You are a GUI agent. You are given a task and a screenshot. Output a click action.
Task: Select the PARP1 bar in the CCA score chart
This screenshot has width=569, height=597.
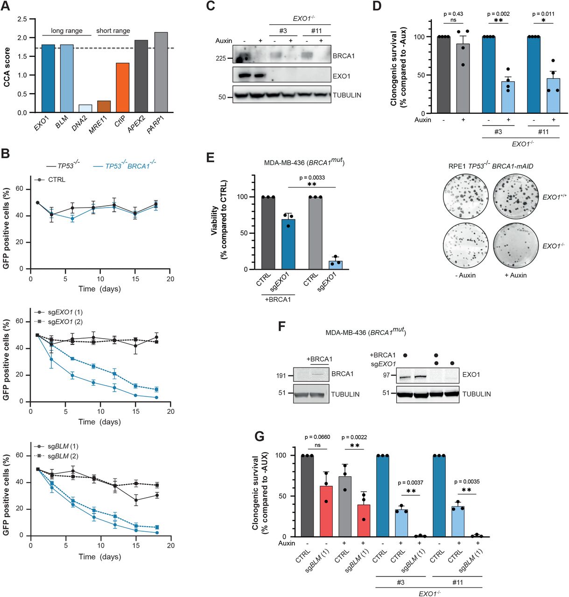(x=161, y=72)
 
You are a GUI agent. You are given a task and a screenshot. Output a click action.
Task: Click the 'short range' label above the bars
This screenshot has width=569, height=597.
(x=113, y=31)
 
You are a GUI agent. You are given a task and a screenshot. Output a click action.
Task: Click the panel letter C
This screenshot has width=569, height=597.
(x=211, y=6)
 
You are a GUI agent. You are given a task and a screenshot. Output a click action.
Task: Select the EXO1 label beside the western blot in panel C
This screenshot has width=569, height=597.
(x=341, y=76)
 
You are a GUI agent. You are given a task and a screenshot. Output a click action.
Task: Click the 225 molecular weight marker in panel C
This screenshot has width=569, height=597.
(x=221, y=58)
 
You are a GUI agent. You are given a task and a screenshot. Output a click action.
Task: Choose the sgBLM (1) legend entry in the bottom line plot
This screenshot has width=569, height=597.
(x=63, y=446)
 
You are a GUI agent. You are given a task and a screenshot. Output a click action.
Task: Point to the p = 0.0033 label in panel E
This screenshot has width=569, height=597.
(x=312, y=178)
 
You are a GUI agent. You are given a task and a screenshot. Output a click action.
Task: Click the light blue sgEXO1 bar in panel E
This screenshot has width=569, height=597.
(x=335, y=265)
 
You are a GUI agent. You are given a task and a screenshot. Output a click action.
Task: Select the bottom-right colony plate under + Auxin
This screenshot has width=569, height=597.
(x=516, y=245)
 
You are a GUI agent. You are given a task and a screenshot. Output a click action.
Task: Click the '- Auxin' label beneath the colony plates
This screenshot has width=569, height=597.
(x=465, y=275)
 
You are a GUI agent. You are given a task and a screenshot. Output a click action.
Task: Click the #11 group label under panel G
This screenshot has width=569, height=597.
(x=457, y=583)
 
